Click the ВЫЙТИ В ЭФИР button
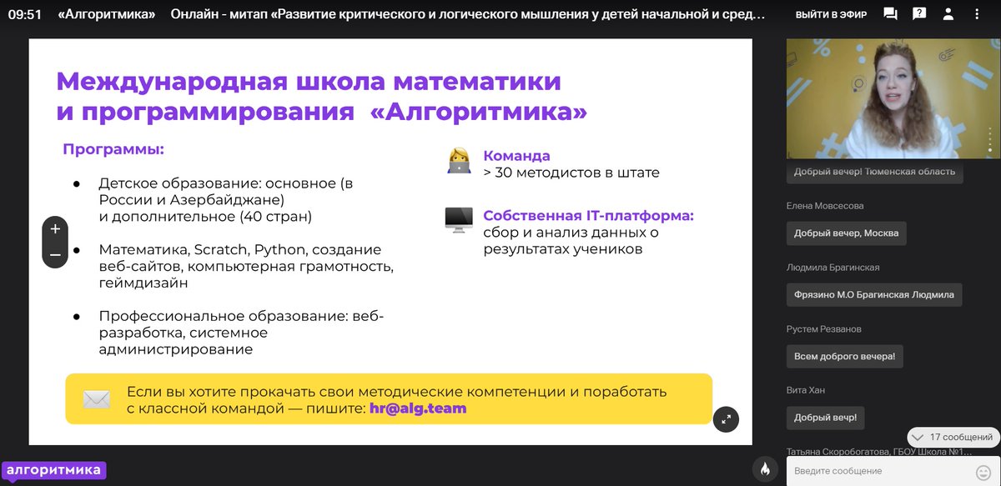[x=830, y=15]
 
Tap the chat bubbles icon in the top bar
[x=890, y=14]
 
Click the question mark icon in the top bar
[x=918, y=14]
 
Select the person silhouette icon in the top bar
[x=948, y=14]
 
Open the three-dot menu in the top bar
[x=978, y=14]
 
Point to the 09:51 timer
[x=25, y=15]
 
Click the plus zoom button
[x=55, y=229]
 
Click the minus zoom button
[x=55, y=255]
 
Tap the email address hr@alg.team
[x=418, y=408]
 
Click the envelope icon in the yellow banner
[x=97, y=399]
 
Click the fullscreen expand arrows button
[x=726, y=419]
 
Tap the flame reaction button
[x=765, y=468]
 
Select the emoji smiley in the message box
[x=983, y=471]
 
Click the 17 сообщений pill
[x=953, y=437]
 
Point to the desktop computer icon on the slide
[x=459, y=220]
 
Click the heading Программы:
[x=113, y=150]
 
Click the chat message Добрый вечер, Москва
[x=846, y=233]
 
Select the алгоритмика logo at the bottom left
[x=53, y=470]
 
